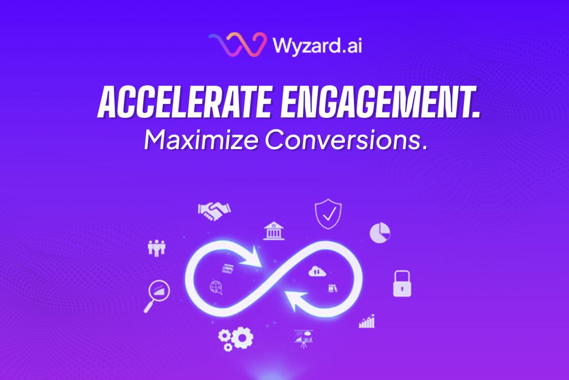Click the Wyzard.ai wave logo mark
point(237,45)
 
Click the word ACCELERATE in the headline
point(184,103)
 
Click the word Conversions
point(345,140)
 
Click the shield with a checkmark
point(328,214)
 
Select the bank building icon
point(274,231)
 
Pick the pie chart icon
point(380,233)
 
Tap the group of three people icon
point(157,248)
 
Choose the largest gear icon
point(242,338)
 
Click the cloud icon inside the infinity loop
point(317,271)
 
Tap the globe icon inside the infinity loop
point(216,288)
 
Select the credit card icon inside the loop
point(228,269)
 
